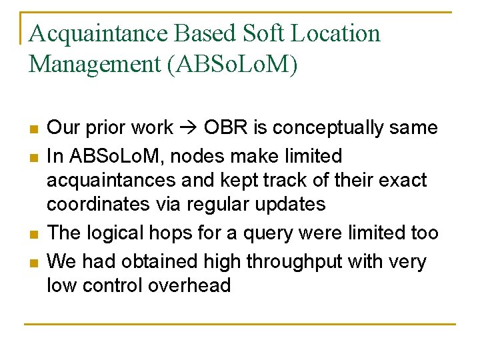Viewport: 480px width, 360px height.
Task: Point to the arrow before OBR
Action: (188, 127)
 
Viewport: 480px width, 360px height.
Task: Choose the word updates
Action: (291, 204)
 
